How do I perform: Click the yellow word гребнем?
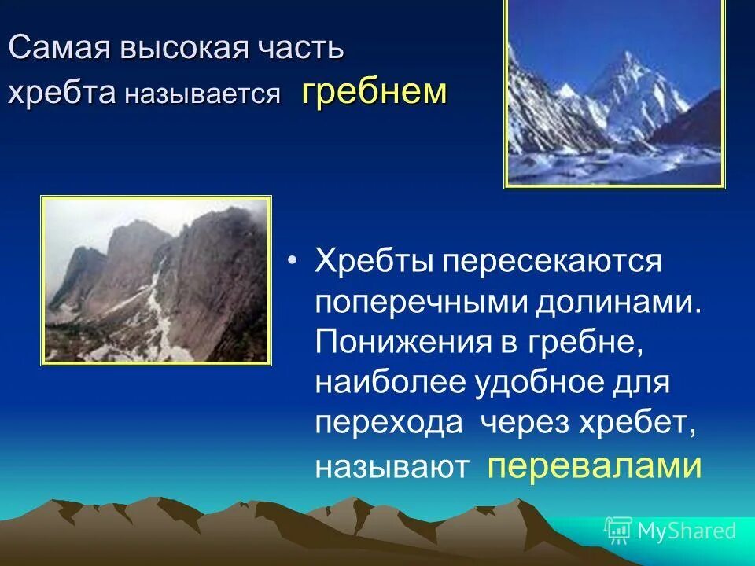(374, 93)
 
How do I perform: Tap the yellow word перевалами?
(594, 466)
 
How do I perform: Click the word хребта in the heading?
(61, 94)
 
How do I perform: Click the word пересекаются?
(551, 261)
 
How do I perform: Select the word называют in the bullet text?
(392, 467)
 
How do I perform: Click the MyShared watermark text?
(687, 531)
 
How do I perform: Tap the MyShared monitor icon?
(618, 531)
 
